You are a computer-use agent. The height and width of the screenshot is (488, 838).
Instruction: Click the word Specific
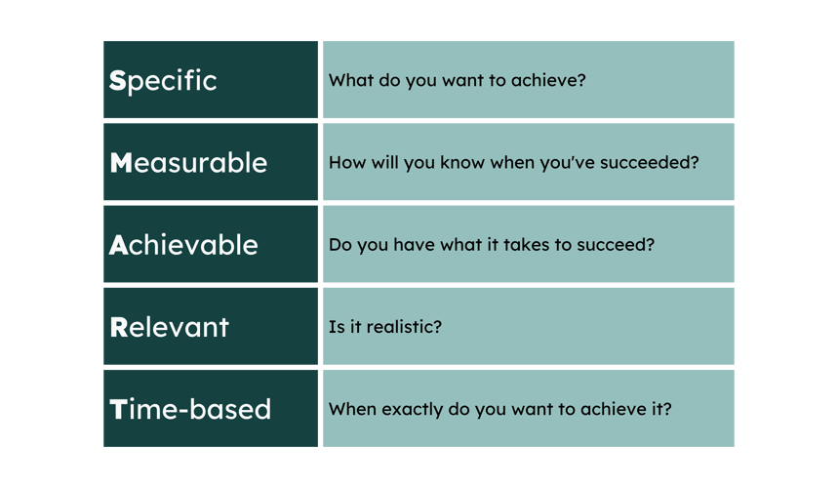point(163,81)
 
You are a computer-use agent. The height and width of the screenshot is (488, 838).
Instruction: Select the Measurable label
point(188,162)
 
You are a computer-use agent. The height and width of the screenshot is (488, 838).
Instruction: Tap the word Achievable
point(183,245)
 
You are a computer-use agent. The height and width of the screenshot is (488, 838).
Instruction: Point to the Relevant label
point(169,327)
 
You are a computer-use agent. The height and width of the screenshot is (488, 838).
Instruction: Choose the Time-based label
point(190,409)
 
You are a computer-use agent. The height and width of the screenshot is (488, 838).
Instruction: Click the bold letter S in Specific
point(118,81)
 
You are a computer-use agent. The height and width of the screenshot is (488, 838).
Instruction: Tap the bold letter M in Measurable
point(121,162)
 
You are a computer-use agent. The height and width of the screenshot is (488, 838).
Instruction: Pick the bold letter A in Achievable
point(118,245)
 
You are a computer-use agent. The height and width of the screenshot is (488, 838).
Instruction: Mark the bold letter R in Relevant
point(119,327)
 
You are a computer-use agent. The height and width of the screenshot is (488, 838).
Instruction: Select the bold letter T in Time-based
point(118,409)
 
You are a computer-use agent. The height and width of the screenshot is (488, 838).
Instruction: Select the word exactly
point(412,410)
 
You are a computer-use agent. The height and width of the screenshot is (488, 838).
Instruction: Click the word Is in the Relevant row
point(337,327)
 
